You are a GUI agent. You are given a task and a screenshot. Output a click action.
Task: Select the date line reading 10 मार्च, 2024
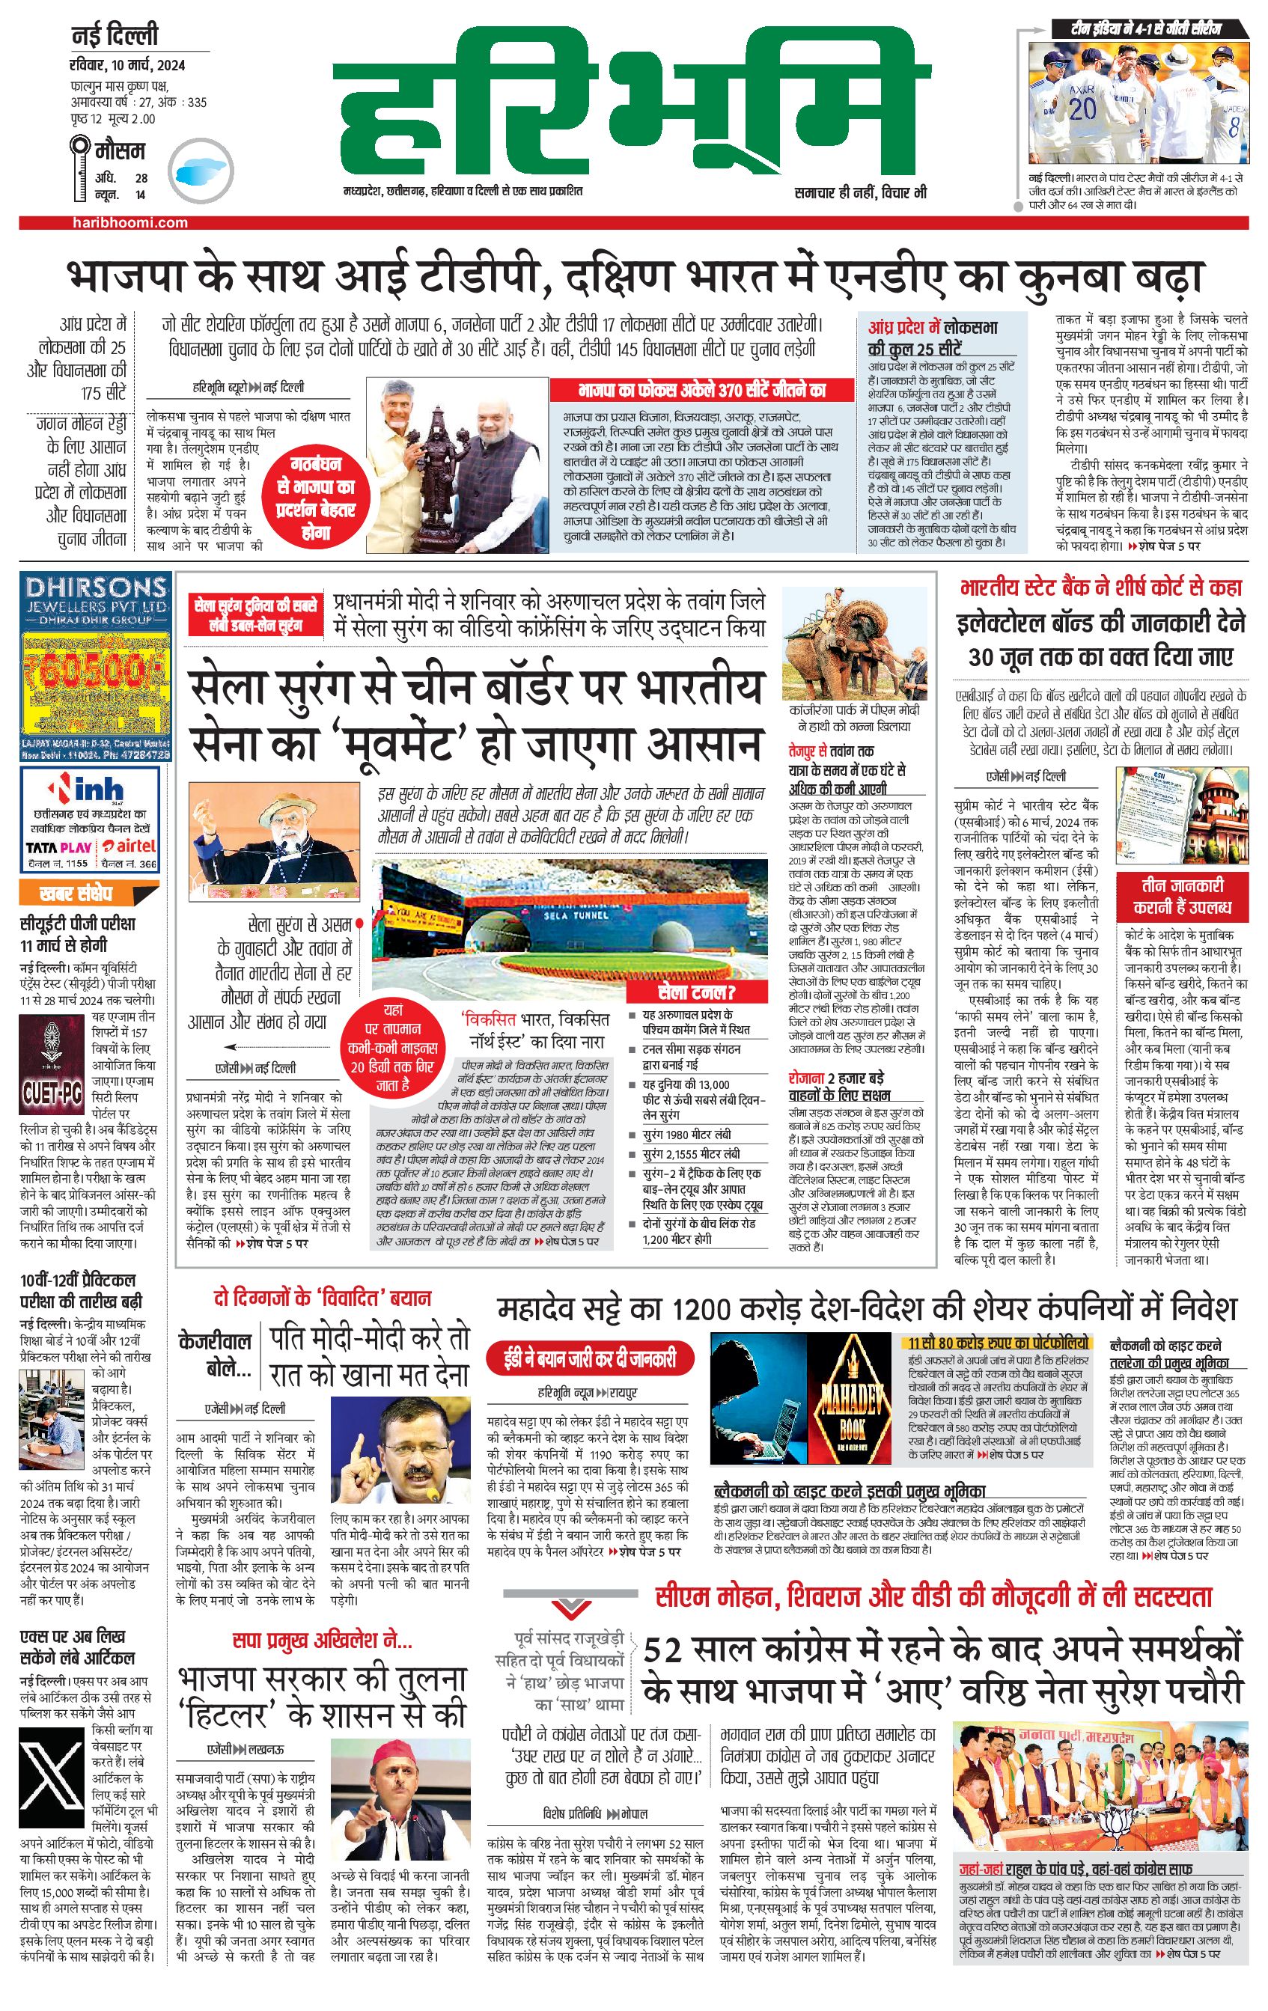point(128,65)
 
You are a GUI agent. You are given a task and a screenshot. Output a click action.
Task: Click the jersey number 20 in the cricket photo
point(1082,108)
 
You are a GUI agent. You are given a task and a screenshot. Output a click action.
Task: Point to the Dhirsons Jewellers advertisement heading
point(96,597)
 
